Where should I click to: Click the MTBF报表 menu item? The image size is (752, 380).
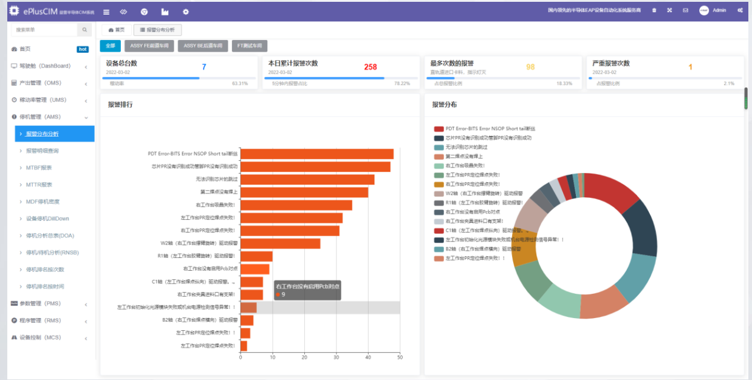click(39, 168)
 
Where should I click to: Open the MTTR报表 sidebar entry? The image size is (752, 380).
click(39, 185)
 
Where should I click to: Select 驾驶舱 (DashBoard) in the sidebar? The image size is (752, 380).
click(45, 66)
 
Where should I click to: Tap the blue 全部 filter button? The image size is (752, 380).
click(110, 46)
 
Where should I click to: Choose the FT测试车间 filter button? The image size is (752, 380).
click(249, 46)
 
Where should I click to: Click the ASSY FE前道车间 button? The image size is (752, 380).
click(149, 46)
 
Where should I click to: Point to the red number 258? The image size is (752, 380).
click(371, 67)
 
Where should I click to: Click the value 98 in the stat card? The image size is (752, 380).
click(530, 67)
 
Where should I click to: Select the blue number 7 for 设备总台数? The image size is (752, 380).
click(204, 67)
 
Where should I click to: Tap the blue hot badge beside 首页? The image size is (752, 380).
click(83, 49)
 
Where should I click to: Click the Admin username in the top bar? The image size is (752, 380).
click(719, 10)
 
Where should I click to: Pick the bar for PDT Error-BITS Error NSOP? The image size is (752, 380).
click(316, 154)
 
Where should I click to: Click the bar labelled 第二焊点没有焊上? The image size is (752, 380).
click(304, 192)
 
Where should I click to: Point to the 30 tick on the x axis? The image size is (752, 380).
click(337, 357)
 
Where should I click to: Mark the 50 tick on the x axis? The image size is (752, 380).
click(400, 357)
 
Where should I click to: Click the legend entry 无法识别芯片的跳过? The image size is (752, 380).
click(467, 147)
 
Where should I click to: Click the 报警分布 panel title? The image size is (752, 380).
click(444, 104)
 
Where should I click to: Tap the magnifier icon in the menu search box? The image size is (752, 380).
click(85, 29)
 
